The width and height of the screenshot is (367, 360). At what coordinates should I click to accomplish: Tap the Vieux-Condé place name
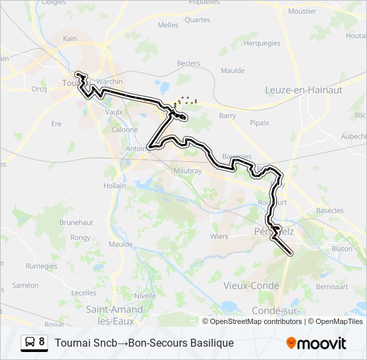[x=251, y=285]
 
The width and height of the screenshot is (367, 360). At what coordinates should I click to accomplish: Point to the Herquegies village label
[x=262, y=43]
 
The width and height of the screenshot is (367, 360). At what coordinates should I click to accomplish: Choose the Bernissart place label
[x=332, y=287]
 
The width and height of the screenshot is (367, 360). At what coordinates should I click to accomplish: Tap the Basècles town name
[x=329, y=211]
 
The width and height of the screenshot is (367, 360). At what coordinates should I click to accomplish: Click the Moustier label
[x=302, y=11]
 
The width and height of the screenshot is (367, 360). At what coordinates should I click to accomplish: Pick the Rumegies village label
[x=41, y=265]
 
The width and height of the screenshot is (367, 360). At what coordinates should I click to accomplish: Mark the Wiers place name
[x=219, y=236]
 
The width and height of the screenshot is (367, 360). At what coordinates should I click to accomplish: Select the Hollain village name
[x=114, y=186]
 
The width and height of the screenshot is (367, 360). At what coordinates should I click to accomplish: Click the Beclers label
[x=188, y=64]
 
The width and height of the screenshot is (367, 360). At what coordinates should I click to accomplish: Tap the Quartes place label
[x=198, y=20]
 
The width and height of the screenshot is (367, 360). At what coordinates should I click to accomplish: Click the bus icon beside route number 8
[x=29, y=343]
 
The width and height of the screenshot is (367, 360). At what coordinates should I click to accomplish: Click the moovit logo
[x=316, y=343]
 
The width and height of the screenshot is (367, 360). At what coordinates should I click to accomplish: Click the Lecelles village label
[x=84, y=293]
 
